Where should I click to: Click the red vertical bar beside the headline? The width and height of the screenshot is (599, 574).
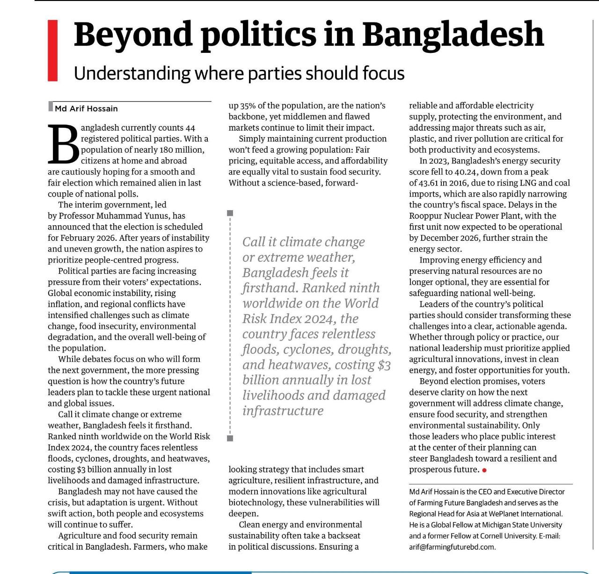click(x=52, y=50)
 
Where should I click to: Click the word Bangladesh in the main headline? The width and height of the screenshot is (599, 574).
click(x=453, y=34)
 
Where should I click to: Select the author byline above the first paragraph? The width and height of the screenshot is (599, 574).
click(x=86, y=109)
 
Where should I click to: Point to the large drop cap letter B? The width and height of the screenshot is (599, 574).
click(x=63, y=143)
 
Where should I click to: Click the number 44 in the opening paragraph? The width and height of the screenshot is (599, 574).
click(x=190, y=128)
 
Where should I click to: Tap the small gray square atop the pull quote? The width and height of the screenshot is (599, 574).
click(x=230, y=213)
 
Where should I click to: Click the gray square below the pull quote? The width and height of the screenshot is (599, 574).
click(x=230, y=438)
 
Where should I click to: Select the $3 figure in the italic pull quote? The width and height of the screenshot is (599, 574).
click(x=383, y=365)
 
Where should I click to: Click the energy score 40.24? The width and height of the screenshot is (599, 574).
click(x=466, y=172)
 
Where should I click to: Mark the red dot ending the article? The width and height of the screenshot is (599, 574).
click(x=484, y=470)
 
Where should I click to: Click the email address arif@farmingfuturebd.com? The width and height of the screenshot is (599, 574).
click(x=452, y=547)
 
